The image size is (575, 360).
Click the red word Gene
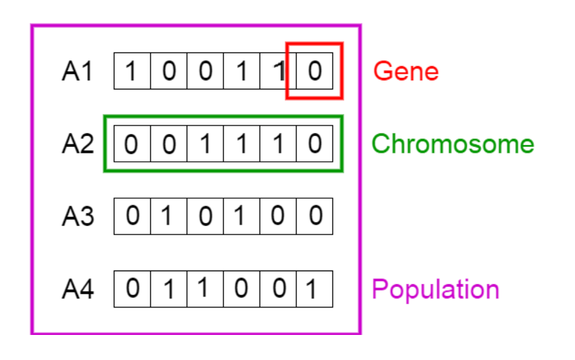(x=406, y=72)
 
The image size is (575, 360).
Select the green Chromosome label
(x=453, y=144)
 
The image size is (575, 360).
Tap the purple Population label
(x=436, y=289)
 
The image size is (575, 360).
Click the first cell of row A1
(x=132, y=71)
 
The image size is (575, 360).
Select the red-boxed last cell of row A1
(x=314, y=71)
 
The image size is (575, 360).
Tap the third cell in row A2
(x=205, y=144)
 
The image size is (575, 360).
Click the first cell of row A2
(x=132, y=144)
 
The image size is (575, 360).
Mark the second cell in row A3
(x=169, y=216)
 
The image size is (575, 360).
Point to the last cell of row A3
(x=314, y=216)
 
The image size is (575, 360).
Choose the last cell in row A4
(x=314, y=289)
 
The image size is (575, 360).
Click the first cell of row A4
(x=132, y=289)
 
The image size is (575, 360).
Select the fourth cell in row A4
(x=241, y=289)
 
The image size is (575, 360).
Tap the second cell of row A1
(x=169, y=71)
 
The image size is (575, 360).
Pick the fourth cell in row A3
(x=241, y=216)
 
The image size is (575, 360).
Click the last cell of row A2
(x=314, y=144)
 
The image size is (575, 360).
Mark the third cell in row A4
(x=205, y=289)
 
